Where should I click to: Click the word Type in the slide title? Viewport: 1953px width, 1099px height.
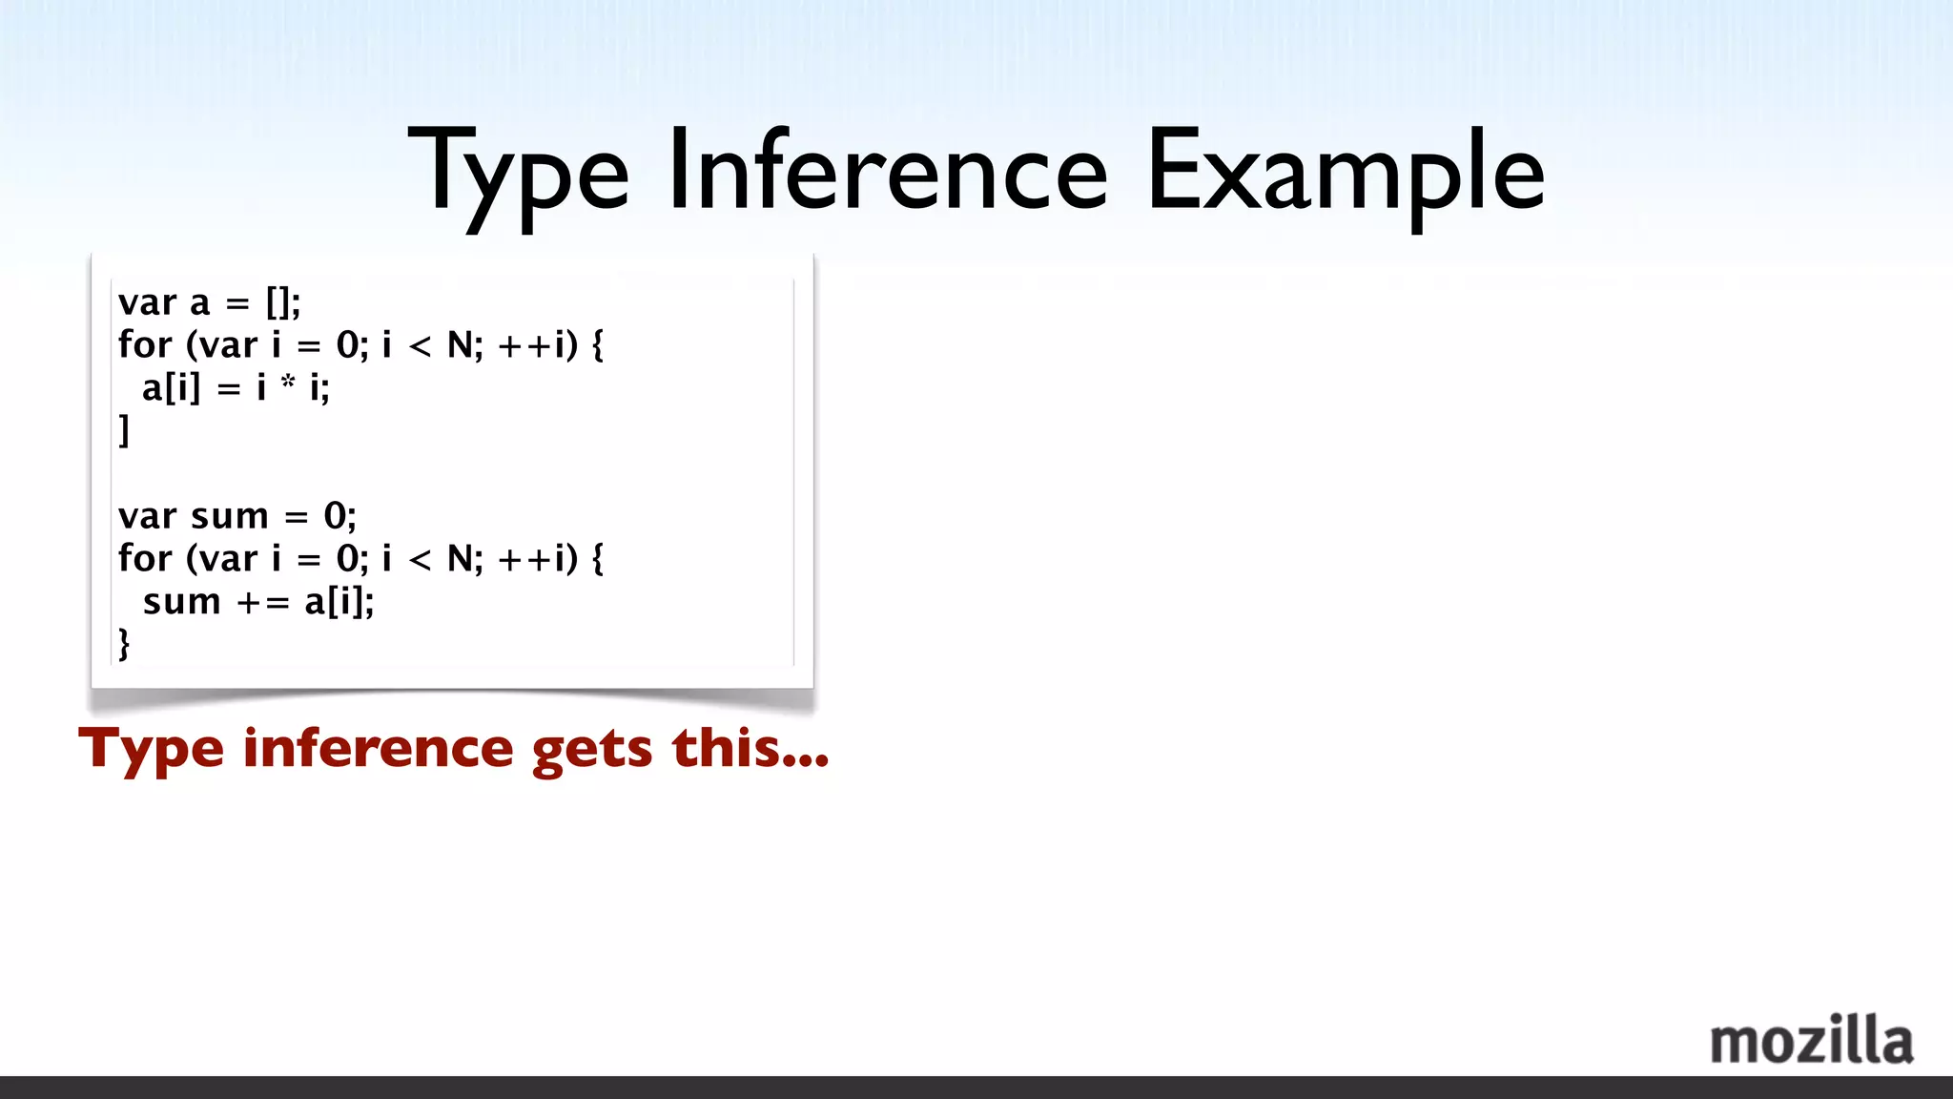(519, 174)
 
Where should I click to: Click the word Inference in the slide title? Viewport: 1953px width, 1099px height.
(887, 172)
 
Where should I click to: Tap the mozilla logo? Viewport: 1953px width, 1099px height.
(1811, 1040)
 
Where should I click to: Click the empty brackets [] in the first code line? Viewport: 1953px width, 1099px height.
(279, 303)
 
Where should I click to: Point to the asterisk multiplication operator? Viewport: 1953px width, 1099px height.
(288, 384)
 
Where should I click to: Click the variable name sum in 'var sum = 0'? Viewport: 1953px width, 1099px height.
(230, 516)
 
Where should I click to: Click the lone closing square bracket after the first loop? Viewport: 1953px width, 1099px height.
(124, 430)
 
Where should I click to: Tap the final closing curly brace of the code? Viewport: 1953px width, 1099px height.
(124, 644)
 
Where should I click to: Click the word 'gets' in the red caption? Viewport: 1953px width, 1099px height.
(592, 749)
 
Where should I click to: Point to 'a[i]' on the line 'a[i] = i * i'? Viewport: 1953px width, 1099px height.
(172, 388)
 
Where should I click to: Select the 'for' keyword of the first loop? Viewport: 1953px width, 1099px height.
(145, 344)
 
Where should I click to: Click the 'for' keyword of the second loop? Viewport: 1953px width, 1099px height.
(145, 558)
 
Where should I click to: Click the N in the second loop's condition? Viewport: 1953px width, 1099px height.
(462, 558)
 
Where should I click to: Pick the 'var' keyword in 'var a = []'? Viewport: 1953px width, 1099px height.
(147, 303)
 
